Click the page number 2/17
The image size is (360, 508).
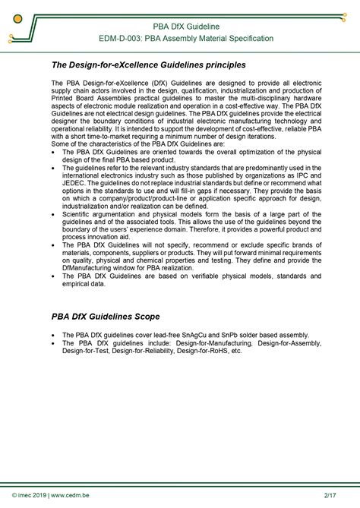coord(330,496)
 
